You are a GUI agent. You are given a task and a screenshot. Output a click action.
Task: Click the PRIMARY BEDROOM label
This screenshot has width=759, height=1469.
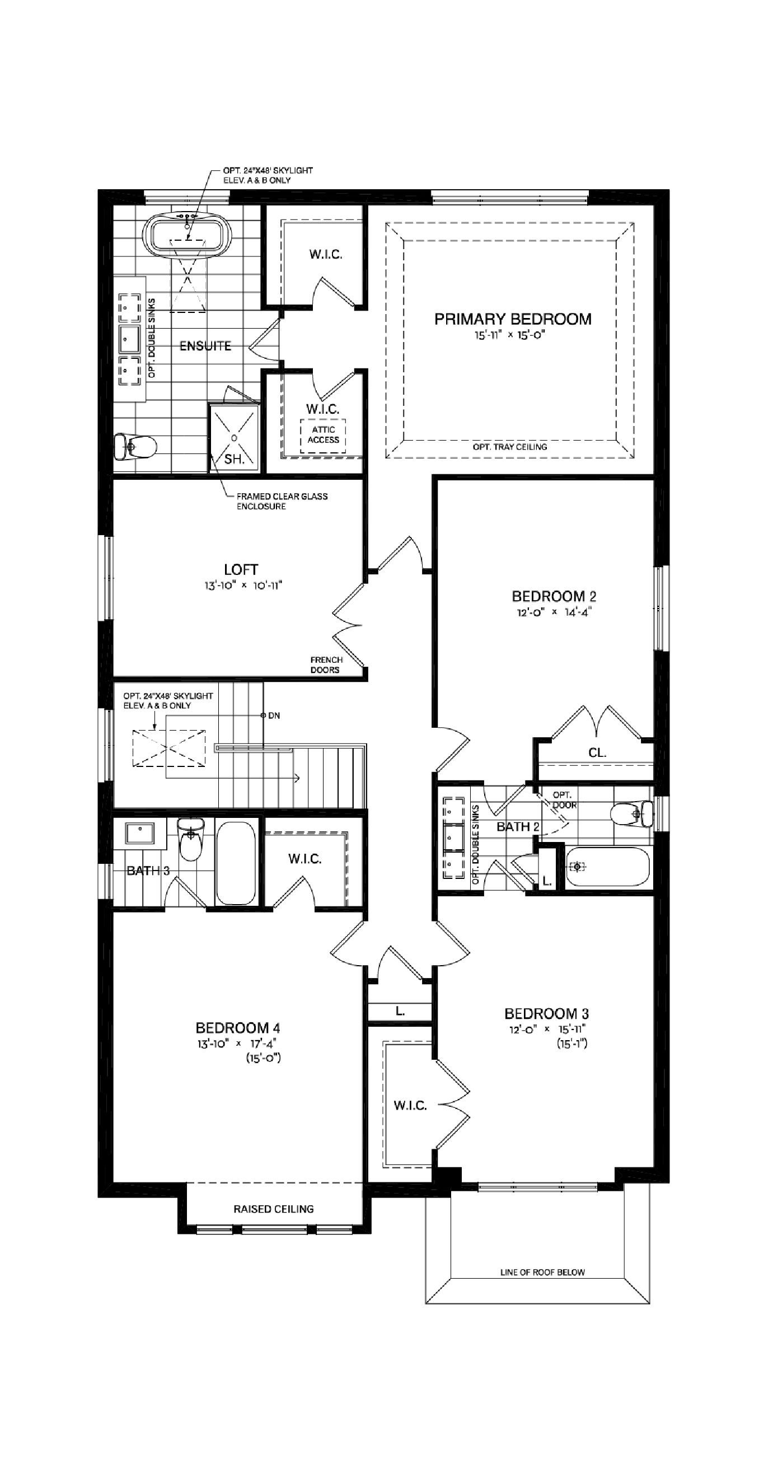pyautogui.click(x=513, y=319)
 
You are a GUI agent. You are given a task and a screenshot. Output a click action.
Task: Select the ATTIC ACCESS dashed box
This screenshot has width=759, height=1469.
pyautogui.click(x=323, y=435)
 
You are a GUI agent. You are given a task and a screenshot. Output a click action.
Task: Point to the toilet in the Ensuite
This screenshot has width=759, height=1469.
pyautogui.click(x=135, y=447)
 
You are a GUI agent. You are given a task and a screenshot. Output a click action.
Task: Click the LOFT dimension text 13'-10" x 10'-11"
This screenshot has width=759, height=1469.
pyautogui.click(x=243, y=585)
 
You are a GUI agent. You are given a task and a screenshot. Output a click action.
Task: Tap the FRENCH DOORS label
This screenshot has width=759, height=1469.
pyautogui.click(x=326, y=665)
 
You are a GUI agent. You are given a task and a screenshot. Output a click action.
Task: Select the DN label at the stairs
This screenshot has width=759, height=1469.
pyautogui.click(x=274, y=715)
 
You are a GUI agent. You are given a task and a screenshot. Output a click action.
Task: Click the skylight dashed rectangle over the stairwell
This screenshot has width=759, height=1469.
pyautogui.click(x=168, y=747)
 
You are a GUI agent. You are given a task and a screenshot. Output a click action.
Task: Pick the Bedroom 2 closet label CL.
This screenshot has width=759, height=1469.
pyautogui.click(x=597, y=753)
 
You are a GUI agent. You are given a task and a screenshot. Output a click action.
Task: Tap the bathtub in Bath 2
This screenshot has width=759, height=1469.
pyautogui.click(x=608, y=867)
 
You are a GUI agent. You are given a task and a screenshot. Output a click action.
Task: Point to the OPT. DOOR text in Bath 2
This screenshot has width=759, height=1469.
pyautogui.click(x=564, y=799)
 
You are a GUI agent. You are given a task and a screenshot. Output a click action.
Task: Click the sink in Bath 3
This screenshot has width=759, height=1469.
pyautogui.click(x=140, y=833)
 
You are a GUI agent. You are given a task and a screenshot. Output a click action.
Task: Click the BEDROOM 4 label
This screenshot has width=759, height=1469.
pyautogui.click(x=238, y=1028)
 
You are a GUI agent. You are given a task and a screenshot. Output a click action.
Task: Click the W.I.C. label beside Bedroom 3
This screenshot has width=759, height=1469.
pyautogui.click(x=410, y=1106)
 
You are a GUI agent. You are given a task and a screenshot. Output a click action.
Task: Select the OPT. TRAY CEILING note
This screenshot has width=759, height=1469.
pyautogui.click(x=509, y=447)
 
